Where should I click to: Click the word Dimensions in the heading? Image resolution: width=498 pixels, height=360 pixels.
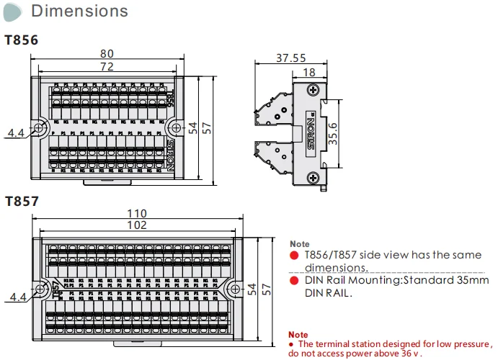click(x=80, y=11)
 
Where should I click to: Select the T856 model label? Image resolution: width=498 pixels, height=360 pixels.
click(x=21, y=40)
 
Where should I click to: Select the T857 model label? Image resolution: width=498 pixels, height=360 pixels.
click(x=21, y=202)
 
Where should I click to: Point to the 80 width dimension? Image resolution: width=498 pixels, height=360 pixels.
click(x=107, y=53)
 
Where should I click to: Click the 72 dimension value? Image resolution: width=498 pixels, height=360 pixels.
click(x=107, y=66)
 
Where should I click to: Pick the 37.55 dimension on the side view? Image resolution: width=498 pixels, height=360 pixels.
click(x=290, y=59)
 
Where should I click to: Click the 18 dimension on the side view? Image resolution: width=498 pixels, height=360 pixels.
click(x=310, y=72)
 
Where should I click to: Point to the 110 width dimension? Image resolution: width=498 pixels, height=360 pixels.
click(x=137, y=213)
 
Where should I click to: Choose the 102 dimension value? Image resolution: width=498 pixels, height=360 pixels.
click(x=137, y=225)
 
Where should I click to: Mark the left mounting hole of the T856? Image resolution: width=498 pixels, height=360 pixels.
click(x=39, y=127)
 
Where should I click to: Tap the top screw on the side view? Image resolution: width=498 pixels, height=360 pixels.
click(x=311, y=90)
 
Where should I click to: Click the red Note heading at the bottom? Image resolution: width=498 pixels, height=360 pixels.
click(x=298, y=335)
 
